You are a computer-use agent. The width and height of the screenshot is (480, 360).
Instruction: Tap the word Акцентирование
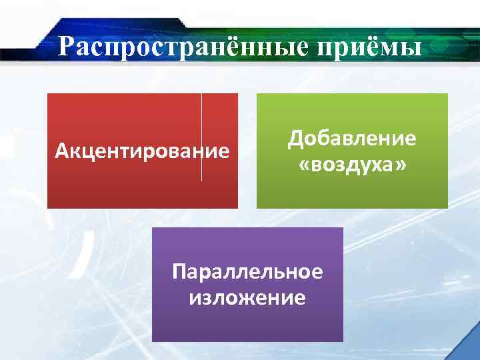pos(142,151)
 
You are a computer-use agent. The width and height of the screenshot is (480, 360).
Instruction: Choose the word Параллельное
pos(247,272)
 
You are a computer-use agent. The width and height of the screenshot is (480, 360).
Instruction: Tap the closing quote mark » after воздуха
pos(400,164)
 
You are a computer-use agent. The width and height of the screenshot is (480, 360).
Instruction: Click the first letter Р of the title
pos(65,48)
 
